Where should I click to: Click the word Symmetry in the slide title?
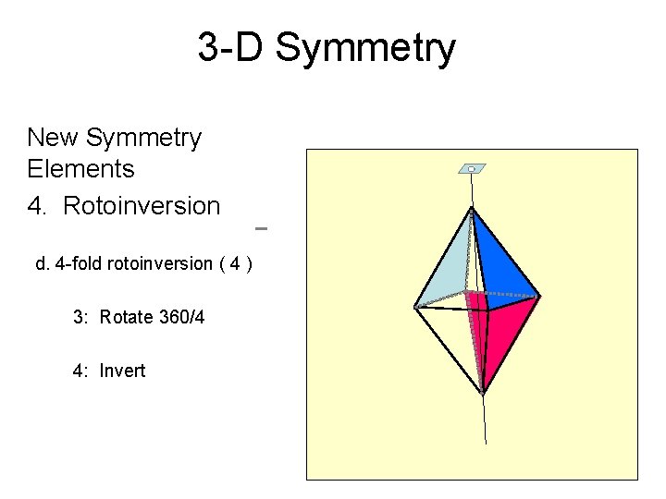(366, 48)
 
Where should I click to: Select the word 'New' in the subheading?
(53, 138)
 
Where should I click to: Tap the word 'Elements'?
(81, 169)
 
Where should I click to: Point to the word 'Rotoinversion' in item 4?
(142, 205)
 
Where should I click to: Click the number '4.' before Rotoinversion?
(40, 205)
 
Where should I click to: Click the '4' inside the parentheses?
(237, 264)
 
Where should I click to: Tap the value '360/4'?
(181, 318)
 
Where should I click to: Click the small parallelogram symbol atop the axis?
(472, 169)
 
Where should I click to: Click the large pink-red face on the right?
(509, 333)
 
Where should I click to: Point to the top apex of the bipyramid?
(473, 210)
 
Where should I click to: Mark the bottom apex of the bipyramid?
(482, 392)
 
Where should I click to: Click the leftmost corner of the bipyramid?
(416, 306)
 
